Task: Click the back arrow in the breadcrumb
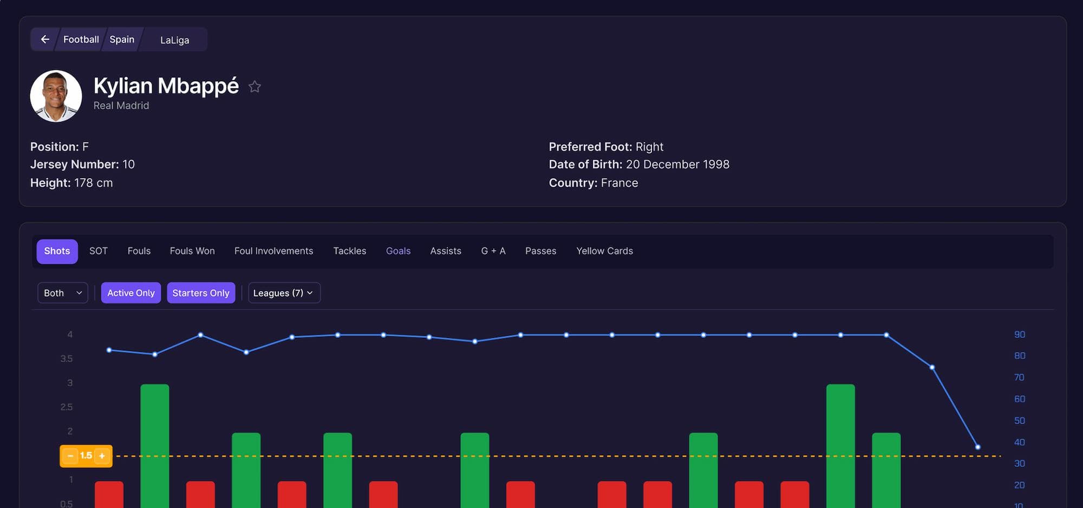point(45,40)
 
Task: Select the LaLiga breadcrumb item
point(174,40)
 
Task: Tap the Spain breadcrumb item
point(122,40)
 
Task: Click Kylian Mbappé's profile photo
point(56,96)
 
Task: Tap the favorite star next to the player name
point(255,87)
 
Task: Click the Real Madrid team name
point(121,106)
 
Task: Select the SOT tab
point(99,251)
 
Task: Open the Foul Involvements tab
point(273,251)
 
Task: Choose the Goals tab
point(398,251)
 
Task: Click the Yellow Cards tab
point(604,251)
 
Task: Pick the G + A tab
point(493,251)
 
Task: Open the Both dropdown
point(63,293)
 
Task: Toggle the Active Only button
point(131,293)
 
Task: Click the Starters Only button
point(201,293)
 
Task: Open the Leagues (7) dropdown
point(284,293)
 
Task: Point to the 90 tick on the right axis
point(1019,335)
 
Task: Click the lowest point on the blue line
point(977,447)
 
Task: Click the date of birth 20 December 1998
point(677,165)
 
